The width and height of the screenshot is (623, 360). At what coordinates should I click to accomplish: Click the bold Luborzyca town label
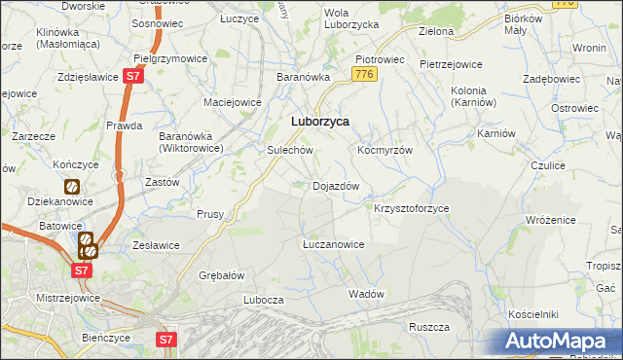(x=320, y=122)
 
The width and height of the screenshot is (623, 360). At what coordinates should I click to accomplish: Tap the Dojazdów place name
(x=336, y=186)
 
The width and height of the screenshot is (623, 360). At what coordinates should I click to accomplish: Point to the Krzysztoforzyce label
(x=412, y=209)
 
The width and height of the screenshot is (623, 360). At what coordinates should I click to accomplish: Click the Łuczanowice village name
(x=333, y=244)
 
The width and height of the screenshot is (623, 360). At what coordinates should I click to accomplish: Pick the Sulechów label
(x=289, y=151)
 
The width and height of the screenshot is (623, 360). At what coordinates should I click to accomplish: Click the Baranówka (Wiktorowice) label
(x=192, y=143)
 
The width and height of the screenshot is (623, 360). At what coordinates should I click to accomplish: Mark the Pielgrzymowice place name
(x=169, y=58)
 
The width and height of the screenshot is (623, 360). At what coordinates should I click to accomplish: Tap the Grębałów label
(x=221, y=275)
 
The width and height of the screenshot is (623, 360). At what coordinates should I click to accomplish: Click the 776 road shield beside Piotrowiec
(x=365, y=74)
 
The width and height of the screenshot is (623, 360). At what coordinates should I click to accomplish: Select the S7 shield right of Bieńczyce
(x=167, y=339)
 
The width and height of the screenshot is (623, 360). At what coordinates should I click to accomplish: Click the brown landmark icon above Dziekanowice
(x=71, y=185)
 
